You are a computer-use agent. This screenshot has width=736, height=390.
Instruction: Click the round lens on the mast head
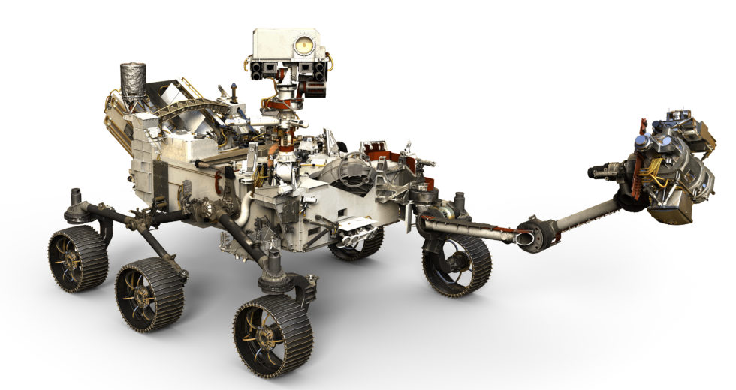(303, 46)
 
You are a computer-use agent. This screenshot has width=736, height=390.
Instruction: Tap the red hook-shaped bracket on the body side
(219, 181)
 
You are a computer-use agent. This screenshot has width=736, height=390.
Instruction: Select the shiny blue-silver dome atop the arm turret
(643, 142)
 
